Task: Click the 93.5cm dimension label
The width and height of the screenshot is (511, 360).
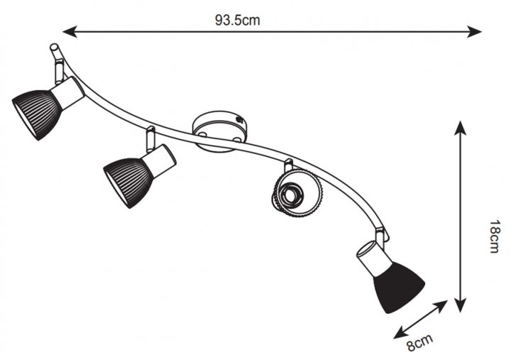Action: (x=237, y=20)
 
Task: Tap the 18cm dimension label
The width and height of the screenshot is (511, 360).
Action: (x=495, y=236)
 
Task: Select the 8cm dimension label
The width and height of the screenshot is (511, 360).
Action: (x=420, y=342)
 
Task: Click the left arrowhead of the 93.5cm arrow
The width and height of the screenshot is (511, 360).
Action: (x=70, y=32)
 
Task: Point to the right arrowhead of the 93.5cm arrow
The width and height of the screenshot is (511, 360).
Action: (x=474, y=32)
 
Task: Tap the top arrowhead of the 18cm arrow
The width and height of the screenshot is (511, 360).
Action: (x=460, y=128)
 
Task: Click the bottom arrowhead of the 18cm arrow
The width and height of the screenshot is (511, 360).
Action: (x=460, y=305)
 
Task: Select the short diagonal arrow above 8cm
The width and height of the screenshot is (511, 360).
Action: (x=420, y=320)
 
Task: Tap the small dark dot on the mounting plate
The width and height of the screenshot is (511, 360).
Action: (x=240, y=120)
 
